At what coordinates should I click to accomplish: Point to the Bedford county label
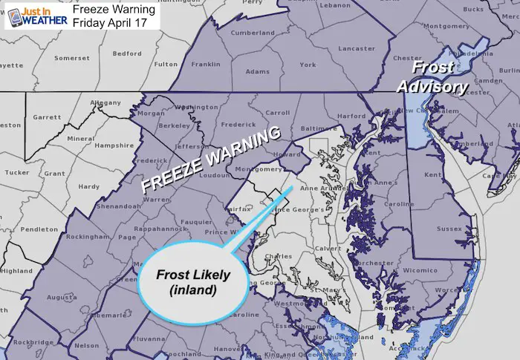(128, 54)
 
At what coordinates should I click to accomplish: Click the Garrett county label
(46, 117)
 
